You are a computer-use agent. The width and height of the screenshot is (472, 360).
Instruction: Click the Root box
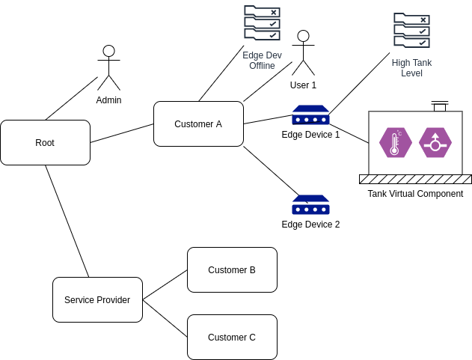(45, 142)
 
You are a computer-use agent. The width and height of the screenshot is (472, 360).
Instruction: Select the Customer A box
(198, 123)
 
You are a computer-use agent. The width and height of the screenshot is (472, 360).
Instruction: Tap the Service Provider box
(97, 299)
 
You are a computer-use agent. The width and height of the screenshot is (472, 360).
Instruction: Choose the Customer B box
(232, 269)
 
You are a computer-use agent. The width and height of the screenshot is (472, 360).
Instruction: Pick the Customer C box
(232, 337)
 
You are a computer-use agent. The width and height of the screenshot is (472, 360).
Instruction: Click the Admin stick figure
(108, 68)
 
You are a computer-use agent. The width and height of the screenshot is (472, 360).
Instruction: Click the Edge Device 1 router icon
(310, 115)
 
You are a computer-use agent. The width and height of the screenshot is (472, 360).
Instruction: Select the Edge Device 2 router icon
(310, 205)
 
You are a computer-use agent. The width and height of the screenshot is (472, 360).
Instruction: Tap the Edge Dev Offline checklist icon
(262, 23)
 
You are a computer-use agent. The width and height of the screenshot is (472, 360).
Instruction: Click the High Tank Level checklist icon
(411, 31)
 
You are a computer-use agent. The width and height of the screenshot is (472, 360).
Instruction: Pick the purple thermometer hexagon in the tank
(396, 142)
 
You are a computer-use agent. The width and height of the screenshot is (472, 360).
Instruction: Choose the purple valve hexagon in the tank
(435, 142)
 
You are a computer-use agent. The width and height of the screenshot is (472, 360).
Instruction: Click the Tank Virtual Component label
(415, 194)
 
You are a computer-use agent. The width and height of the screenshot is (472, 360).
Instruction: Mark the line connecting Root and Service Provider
(67, 222)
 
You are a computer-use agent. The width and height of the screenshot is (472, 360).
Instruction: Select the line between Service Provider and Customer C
(165, 318)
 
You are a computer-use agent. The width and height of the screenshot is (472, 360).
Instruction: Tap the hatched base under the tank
(415, 179)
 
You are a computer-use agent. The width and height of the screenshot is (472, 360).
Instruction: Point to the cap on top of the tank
(439, 106)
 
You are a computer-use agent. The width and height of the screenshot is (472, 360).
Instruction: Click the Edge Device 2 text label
(310, 224)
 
